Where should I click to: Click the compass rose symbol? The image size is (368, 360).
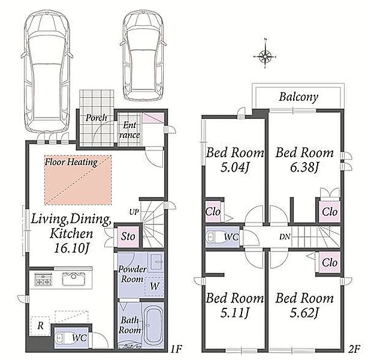point(265,56)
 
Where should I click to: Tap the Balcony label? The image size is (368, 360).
point(298,97)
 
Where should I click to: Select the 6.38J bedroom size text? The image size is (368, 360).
point(304,167)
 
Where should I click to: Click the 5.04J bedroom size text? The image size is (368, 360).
point(234,167)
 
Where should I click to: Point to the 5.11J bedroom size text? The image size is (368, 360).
point(234,313)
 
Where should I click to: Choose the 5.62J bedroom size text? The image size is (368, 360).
point(304,313)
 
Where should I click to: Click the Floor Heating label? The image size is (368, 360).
point(71,162)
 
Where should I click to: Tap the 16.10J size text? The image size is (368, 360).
point(71,248)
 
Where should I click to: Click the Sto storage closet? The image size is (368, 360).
point(128,236)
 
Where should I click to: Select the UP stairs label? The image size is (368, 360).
point(134,212)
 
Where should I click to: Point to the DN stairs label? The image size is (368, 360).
point(285,236)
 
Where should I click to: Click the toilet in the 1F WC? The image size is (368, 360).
point(62,338)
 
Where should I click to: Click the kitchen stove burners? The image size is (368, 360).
point(43,280)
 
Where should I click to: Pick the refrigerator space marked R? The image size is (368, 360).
point(40,326)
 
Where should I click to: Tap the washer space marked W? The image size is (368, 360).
point(155,286)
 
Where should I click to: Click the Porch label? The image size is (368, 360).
point(96,118)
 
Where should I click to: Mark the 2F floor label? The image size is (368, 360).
point(354,349)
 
